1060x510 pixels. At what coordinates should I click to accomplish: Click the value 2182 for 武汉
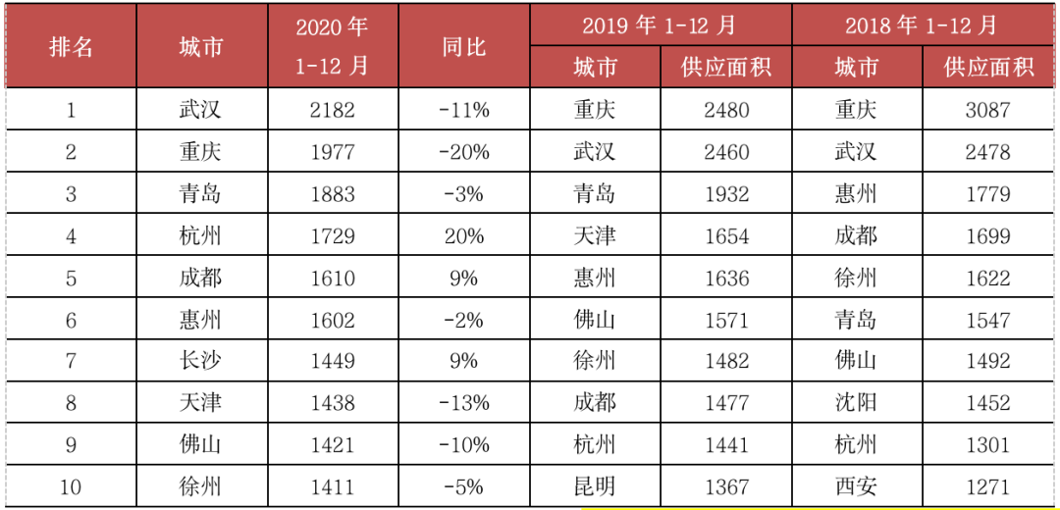[333, 110]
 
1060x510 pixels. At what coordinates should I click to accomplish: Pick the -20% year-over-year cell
[464, 152]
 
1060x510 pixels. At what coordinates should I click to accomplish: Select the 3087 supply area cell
[987, 110]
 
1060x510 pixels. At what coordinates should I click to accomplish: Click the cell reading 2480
[726, 110]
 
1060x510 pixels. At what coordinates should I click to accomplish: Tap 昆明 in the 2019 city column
[595, 486]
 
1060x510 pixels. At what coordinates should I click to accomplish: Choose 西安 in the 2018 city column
[856, 486]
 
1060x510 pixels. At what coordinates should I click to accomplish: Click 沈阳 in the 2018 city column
[856, 403]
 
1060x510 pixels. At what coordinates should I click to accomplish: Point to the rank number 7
[71, 361]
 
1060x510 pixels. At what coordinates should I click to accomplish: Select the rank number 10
[71, 486]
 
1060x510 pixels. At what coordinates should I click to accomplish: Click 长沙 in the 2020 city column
[201, 361]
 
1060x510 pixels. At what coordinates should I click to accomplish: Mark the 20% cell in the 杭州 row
[464, 235]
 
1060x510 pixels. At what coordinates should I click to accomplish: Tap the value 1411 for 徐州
[333, 486]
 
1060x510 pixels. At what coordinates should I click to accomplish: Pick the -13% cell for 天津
[464, 403]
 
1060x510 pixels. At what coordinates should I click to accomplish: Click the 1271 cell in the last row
[987, 486]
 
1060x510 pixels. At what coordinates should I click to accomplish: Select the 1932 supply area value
[726, 193]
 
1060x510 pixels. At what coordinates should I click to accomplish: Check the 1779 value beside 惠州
[987, 193]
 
